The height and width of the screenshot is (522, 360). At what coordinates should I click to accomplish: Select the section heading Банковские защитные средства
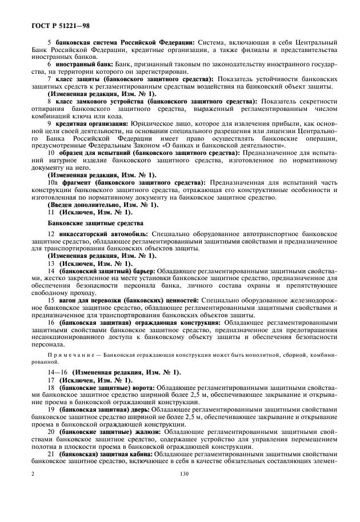click(x=94, y=222)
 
